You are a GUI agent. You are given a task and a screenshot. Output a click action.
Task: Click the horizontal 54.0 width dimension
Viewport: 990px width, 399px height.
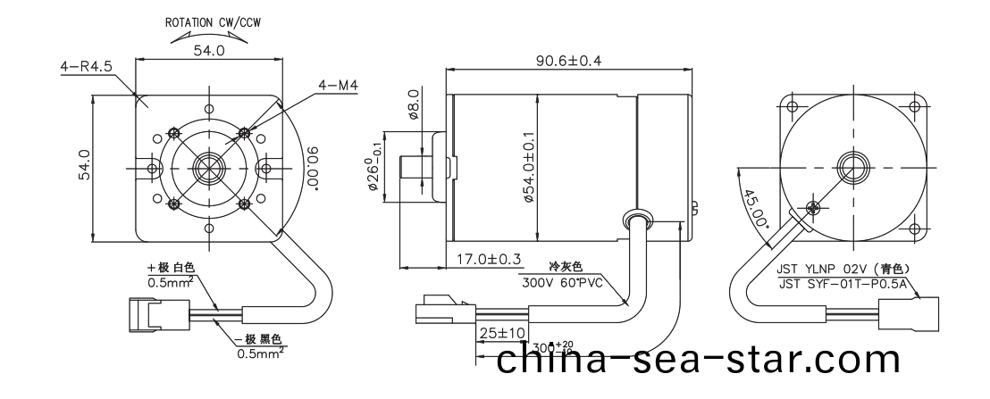[x=208, y=52]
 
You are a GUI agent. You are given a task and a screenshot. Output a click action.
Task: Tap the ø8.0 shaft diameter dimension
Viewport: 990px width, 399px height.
[x=413, y=104]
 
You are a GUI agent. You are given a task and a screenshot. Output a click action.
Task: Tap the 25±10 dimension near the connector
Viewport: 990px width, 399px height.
[x=499, y=333]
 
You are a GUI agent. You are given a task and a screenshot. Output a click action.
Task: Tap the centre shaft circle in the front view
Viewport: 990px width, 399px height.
[x=208, y=168]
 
